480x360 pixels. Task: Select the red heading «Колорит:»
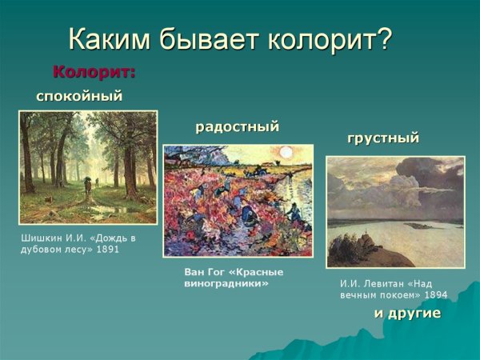[x=94, y=72]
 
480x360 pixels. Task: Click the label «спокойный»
[x=79, y=96]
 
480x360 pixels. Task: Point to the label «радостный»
[x=237, y=126]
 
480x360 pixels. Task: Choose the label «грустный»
[x=382, y=138]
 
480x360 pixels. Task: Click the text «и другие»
[x=407, y=313]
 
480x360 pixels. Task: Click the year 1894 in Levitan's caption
[x=436, y=294]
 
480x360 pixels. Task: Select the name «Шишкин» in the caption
[x=40, y=238]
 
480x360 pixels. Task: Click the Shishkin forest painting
[x=87, y=167]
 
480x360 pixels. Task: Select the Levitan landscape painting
[x=395, y=211]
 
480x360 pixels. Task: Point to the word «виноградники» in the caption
[x=226, y=283]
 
